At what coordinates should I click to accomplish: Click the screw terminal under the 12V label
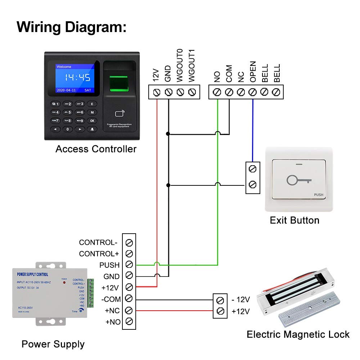tap(157, 92)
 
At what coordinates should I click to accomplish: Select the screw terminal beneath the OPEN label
tap(253, 92)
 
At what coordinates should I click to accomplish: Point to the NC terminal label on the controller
tap(241, 77)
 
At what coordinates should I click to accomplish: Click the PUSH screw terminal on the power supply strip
tap(130, 265)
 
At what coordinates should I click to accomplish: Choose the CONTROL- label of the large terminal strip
tap(98, 242)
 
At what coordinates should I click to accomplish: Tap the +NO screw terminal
tap(130, 321)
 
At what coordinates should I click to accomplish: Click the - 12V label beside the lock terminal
tap(240, 300)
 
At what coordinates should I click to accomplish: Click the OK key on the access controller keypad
tap(92, 121)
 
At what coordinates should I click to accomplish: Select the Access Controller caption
tap(96, 149)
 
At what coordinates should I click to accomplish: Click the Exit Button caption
tap(294, 220)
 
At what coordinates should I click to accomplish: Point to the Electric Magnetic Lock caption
tap(298, 334)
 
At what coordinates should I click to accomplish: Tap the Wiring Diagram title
tap(72, 27)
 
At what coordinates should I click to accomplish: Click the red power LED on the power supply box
tap(64, 283)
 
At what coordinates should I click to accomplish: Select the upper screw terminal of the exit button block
tap(253, 168)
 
